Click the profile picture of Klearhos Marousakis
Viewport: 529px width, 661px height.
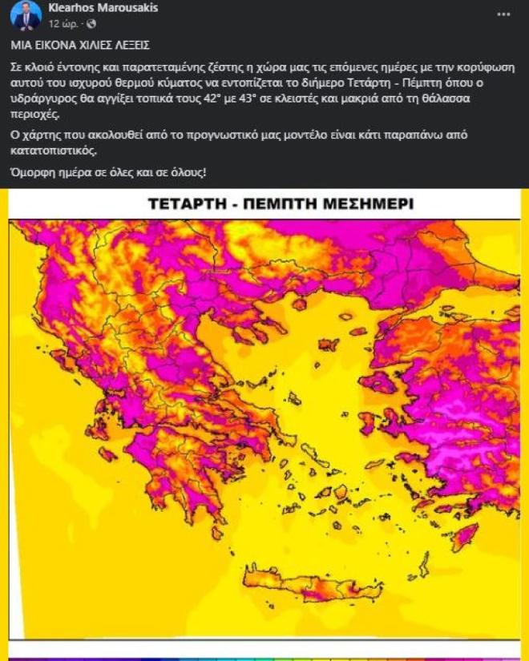click(26, 14)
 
